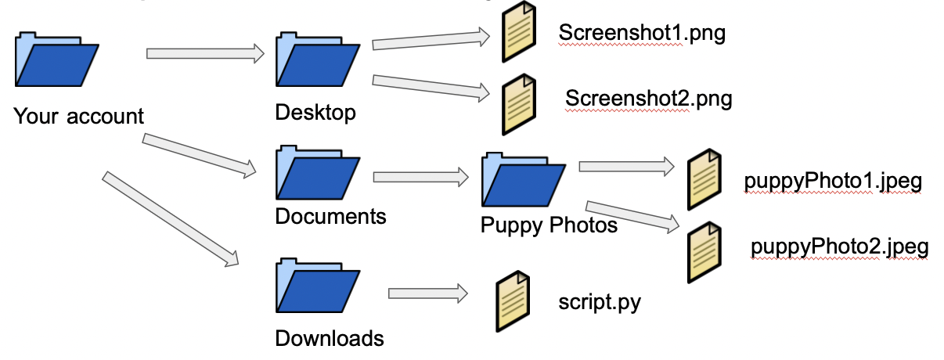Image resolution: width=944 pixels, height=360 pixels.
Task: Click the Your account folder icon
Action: coord(56,61)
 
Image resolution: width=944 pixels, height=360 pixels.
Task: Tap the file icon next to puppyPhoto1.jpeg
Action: coord(704,180)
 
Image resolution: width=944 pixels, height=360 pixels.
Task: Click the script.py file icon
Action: coord(513,301)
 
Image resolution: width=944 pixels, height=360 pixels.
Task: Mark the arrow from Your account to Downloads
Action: coord(170,218)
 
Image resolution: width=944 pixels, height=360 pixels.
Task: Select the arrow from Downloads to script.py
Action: coord(427,293)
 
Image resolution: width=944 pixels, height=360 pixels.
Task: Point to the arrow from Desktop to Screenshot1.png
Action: coord(431,40)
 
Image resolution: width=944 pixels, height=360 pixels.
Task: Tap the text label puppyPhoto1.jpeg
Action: coord(834,182)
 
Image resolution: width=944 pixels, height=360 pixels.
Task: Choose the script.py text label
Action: coord(600,302)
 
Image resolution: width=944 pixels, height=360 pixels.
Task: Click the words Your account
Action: coord(79,117)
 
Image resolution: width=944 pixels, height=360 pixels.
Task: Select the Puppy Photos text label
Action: coord(549,225)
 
